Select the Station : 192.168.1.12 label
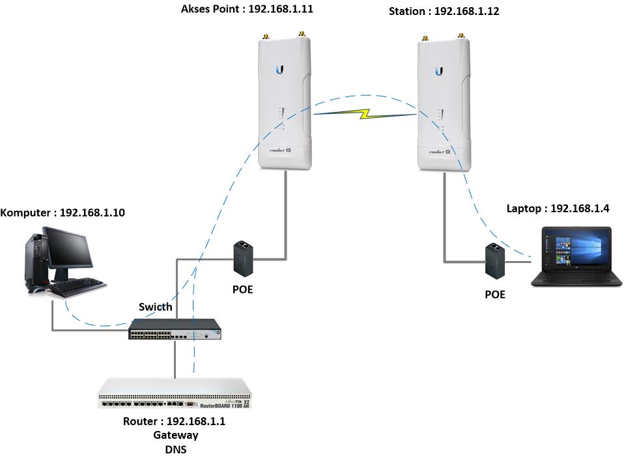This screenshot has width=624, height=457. tap(444, 12)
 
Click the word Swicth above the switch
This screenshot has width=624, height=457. tap(156, 307)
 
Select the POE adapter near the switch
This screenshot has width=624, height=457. tap(244, 257)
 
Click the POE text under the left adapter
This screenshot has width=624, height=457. tap(242, 289)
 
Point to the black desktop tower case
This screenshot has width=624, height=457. tap(36, 260)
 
